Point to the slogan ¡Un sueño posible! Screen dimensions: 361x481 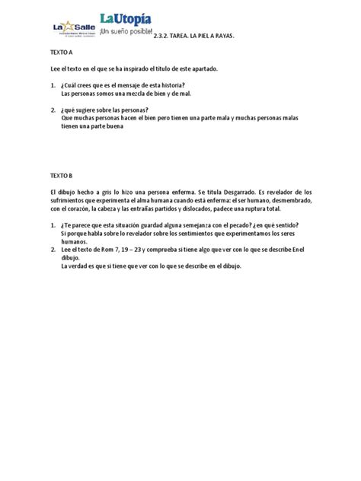(x=126, y=33)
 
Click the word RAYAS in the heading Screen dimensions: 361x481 (x=222, y=37)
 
